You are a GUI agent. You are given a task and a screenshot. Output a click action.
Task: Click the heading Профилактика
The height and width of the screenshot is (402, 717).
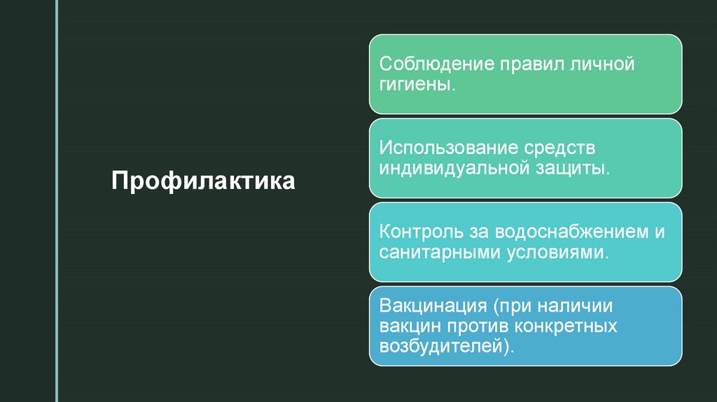(x=203, y=181)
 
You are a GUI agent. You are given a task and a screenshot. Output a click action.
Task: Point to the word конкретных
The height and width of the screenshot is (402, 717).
(x=566, y=326)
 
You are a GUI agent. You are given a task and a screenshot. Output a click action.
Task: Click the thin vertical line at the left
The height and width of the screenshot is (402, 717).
(x=56, y=201)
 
